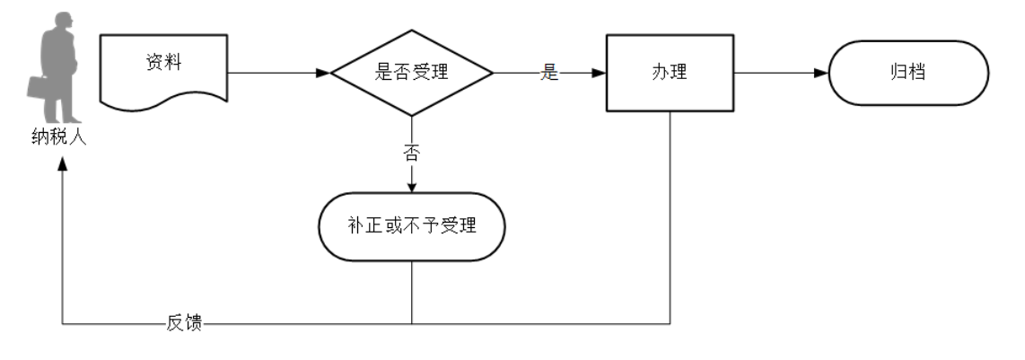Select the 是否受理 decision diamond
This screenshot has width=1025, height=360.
click(411, 73)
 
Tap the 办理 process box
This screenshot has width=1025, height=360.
click(670, 73)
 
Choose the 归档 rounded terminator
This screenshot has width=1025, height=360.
click(908, 73)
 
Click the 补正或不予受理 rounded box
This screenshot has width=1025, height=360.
click(411, 226)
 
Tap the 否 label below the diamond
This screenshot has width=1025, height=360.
click(411, 153)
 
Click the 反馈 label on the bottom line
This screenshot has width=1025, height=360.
click(185, 324)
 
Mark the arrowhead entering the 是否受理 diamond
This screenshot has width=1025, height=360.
click(324, 73)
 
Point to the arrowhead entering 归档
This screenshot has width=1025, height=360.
click(819, 73)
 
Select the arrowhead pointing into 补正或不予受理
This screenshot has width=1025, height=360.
click(411, 187)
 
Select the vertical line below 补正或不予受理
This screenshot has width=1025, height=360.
click(411, 292)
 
